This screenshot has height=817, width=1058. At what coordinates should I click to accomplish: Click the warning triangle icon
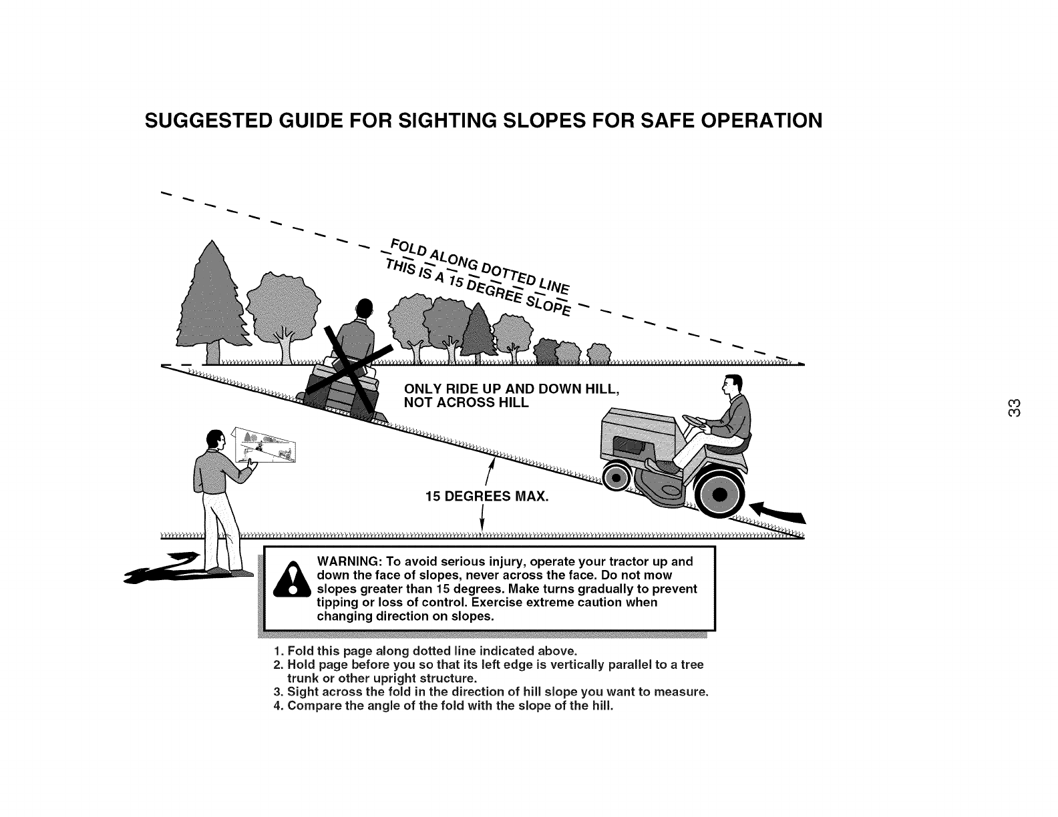click(x=292, y=580)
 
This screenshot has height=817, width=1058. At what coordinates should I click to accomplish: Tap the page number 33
click(x=1014, y=408)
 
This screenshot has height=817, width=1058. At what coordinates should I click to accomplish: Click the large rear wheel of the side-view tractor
click(x=719, y=495)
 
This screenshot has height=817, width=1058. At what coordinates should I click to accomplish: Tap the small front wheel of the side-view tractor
click(x=616, y=478)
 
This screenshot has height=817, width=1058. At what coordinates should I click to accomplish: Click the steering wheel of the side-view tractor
click(x=696, y=422)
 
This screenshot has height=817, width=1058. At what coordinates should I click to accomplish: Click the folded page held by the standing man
click(x=264, y=445)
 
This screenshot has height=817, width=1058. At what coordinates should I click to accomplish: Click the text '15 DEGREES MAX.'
click(x=487, y=497)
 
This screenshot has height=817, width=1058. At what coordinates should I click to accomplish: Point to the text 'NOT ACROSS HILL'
click(x=466, y=403)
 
